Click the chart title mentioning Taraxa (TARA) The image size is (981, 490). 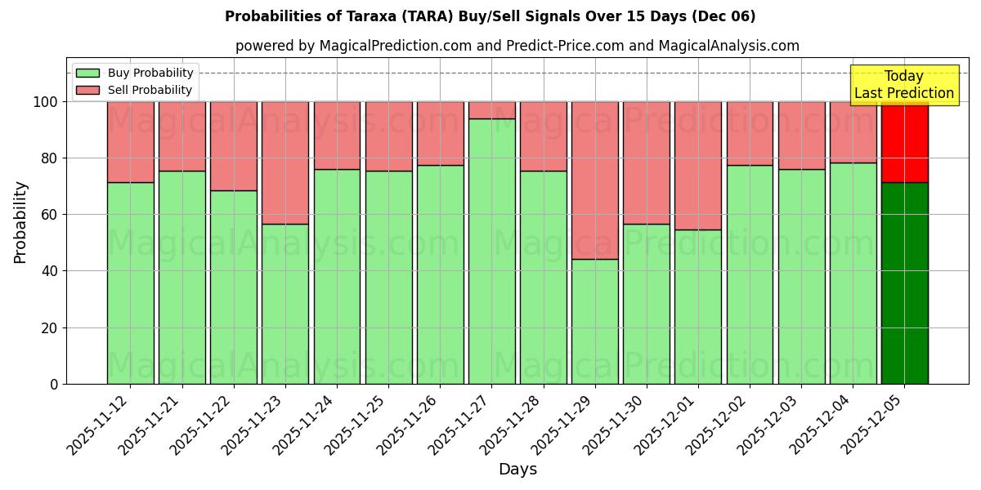(490, 16)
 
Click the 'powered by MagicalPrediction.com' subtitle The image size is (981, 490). (517, 46)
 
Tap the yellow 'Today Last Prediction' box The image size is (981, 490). (903, 85)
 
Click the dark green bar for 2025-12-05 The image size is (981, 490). (904, 283)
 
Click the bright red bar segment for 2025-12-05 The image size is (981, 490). (904, 143)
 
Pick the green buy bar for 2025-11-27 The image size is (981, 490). (491, 251)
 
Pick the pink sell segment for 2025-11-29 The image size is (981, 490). (594, 180)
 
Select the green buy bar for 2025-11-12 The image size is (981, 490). (130, 283)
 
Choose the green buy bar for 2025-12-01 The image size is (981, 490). (698, 306)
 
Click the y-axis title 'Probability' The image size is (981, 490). (20, 222)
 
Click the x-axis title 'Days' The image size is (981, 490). (517, 470)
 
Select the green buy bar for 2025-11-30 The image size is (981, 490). (647, 304)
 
